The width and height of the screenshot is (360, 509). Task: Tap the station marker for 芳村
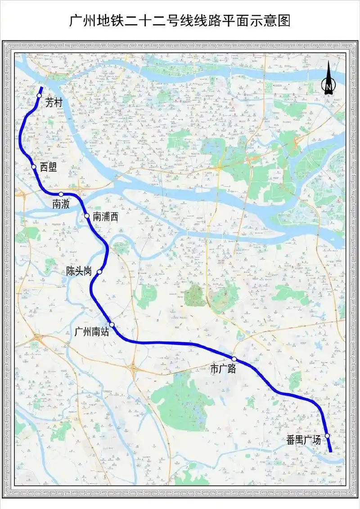[39, 95]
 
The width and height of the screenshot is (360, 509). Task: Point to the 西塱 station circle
[34, 167]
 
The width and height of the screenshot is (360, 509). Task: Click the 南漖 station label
[61, 204]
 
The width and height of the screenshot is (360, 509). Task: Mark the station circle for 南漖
[61, 194]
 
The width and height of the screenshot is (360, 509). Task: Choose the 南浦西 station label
[105, 217]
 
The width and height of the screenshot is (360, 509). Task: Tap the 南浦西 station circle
[87, 216]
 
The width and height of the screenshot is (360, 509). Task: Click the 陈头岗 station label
[79, 271]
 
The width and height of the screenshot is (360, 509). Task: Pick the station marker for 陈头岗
[99, 272]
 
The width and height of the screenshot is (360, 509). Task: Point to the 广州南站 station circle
[112, 325]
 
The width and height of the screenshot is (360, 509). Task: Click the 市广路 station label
[224, 369]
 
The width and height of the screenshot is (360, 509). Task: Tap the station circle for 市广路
[234, 359]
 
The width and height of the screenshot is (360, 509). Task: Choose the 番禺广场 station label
[304, 440]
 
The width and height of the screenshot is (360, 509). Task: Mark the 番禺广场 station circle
[327, 436]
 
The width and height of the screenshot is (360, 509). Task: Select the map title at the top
[180, 21]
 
